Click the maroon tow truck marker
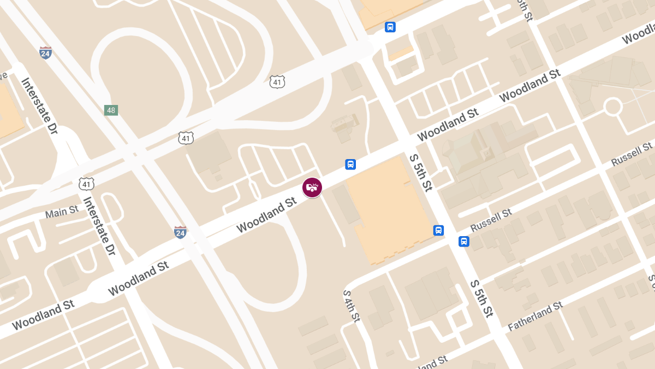pos(312,188)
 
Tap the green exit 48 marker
pos(111,110)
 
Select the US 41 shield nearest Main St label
pos(86,184)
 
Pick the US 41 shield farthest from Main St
pos(277,82)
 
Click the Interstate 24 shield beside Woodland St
pos(180,232)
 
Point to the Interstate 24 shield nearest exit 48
pos(46,53)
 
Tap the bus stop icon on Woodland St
pos(350,164)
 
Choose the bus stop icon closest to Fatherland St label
pos(463,241)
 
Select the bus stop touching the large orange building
pos(438,230)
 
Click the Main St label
pos(62,212)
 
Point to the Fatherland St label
pos(535,317)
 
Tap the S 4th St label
pos(352,306)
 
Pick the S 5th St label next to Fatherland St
pos(482,299)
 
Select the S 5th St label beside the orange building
pos(421,173)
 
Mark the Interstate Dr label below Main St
pos(99,226)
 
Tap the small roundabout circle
pos(613,106)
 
